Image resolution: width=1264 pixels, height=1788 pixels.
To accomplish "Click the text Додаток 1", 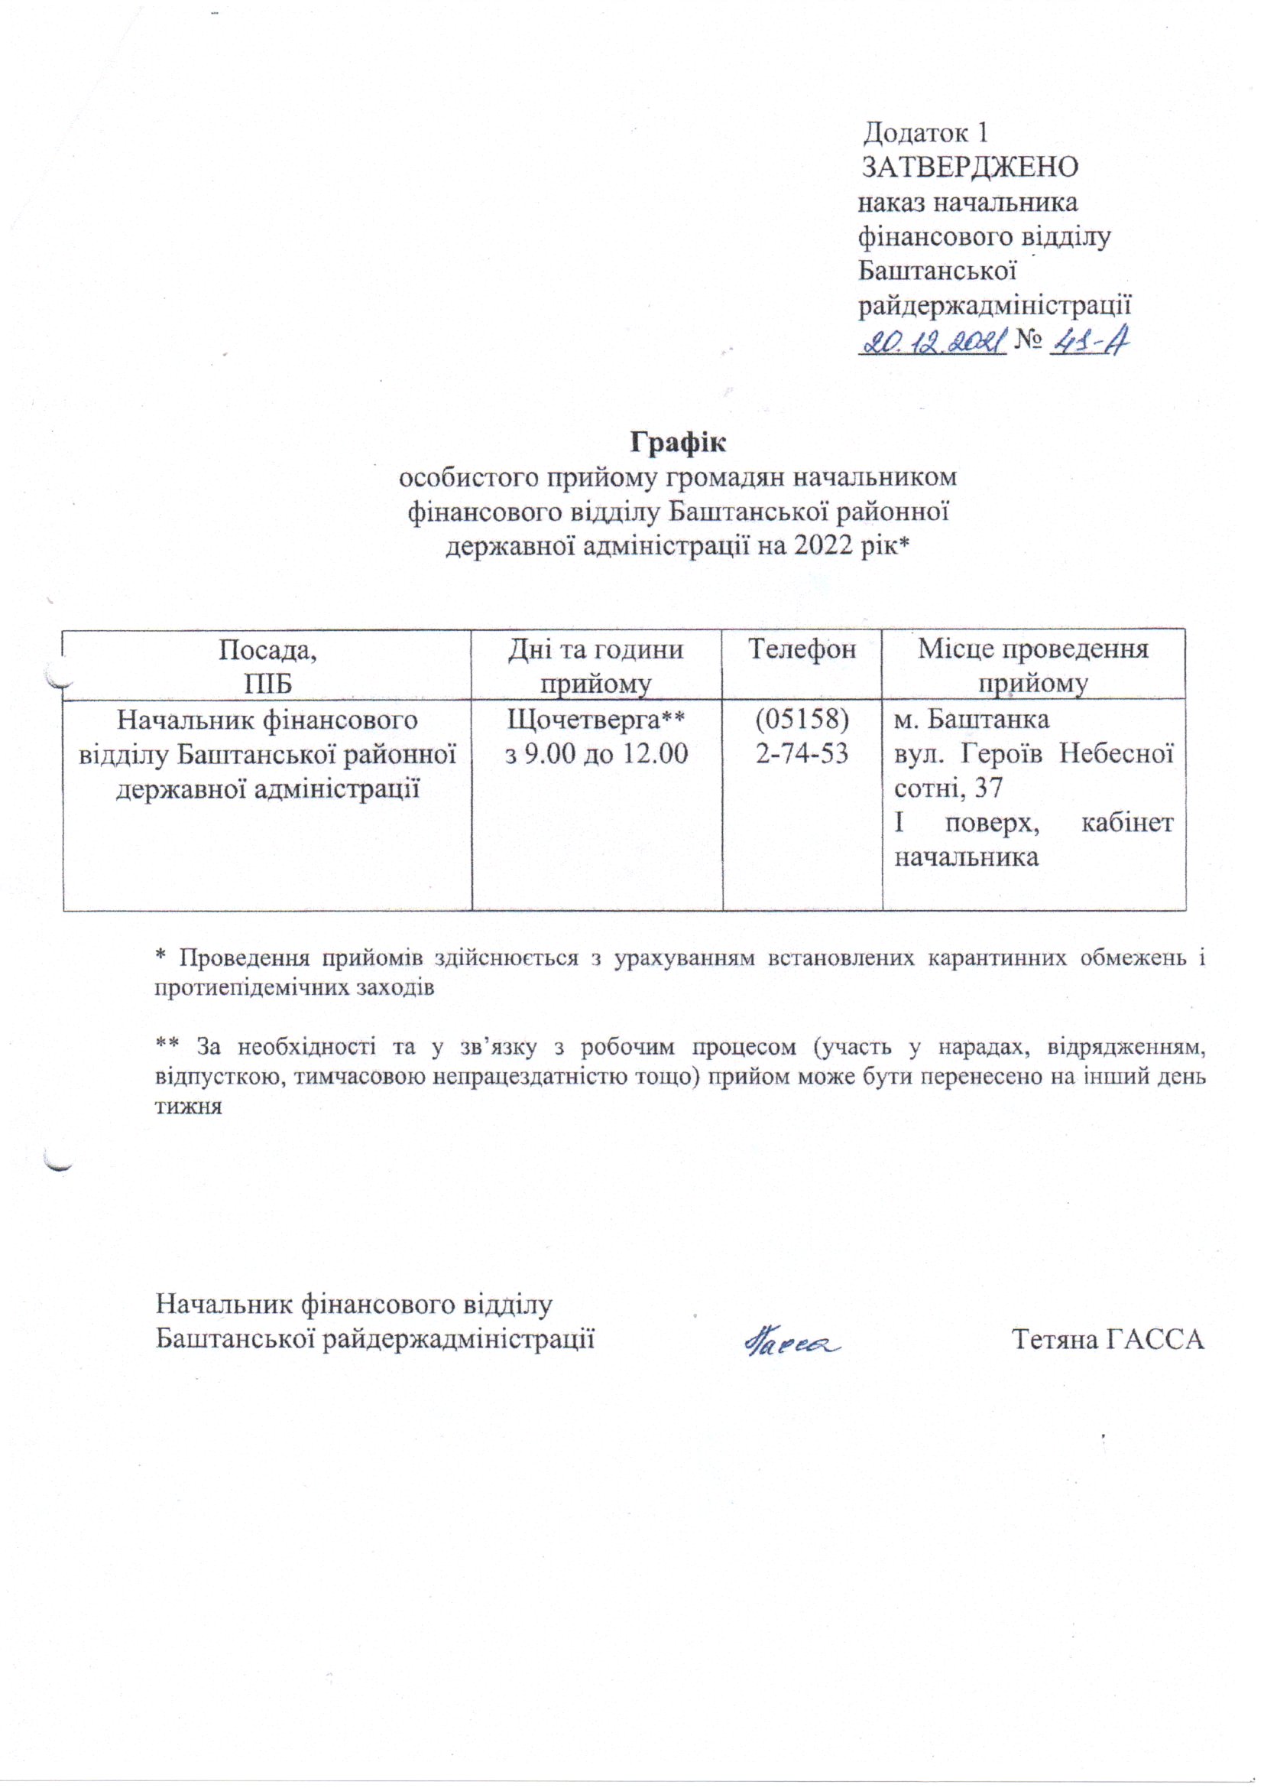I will (926, 133).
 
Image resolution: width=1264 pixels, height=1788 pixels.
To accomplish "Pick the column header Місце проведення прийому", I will (1033, 666).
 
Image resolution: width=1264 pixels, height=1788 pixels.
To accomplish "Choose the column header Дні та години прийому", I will (596, 666).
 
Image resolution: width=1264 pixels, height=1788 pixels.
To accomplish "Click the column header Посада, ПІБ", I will (267, 666).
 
